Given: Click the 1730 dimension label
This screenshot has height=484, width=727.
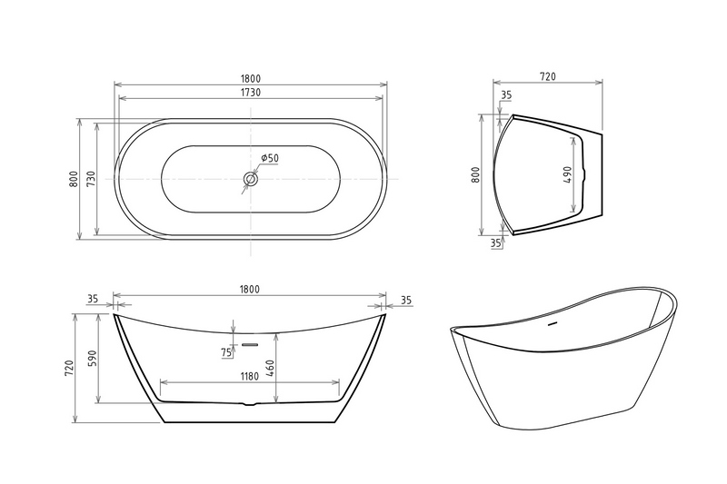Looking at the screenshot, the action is tap(251, 93).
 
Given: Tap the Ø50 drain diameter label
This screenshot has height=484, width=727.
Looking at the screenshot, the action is tap(269, 158).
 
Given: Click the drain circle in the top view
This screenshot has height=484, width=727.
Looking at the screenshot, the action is tap(251, 179).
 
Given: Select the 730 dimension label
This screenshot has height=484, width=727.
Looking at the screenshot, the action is tap(91, 179).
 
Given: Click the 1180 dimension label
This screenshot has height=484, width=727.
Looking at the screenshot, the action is tap(249, 376).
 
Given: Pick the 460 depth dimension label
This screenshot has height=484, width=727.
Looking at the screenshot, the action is tap(271, 368).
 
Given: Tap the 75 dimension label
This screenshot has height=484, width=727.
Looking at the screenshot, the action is tap(226, 352).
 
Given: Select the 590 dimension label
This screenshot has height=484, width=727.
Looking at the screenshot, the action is tap(92, 359).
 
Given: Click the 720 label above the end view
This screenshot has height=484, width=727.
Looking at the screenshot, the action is tap(548, 76).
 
